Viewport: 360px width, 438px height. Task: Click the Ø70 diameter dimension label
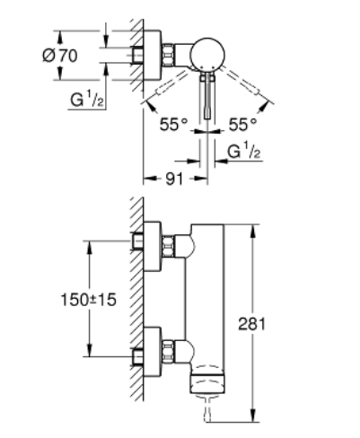point(60,56)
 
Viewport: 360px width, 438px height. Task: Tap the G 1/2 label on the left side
point(87,100)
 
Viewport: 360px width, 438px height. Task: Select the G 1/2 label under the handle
point(244,152)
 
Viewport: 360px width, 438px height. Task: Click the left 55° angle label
point(173,125)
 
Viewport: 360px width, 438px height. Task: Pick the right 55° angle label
point(242,125)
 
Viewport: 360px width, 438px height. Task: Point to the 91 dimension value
point(174,179)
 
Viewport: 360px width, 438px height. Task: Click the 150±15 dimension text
point(88,300)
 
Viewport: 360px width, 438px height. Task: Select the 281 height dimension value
point(251,324)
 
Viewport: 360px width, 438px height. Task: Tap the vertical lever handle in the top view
point(207,96)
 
